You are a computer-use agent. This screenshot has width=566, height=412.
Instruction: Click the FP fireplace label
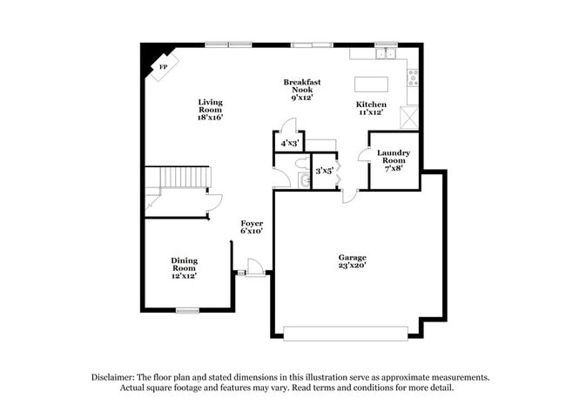[162, 66]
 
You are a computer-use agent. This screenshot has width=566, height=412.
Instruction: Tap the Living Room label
[210, 109]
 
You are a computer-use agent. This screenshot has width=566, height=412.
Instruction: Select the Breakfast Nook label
[301, 90]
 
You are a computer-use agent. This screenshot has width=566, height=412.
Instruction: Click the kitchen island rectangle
[369, 84]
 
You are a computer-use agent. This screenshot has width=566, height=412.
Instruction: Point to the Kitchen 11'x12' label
[371, 108]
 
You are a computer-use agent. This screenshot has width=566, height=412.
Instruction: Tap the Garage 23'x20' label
[352, 261]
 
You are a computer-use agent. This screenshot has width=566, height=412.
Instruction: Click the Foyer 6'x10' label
[252, 227]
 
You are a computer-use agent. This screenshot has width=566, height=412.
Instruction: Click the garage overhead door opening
[346, 332]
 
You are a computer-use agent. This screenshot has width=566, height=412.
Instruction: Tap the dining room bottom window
[188, 310]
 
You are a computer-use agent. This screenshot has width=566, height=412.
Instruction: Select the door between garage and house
[349, 197]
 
